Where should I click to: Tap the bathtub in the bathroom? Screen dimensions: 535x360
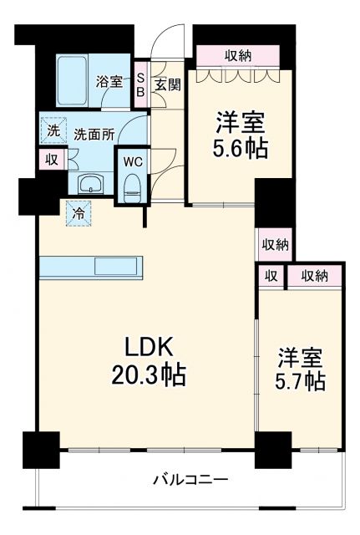(x=74, y=80)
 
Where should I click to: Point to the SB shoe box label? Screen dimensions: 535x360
(x=140, y=81)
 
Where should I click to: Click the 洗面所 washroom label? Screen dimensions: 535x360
(x=92, y=132)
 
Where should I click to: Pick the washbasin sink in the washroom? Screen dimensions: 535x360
(x=89, y=183)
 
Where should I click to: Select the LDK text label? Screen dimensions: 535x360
(x=144, y=346)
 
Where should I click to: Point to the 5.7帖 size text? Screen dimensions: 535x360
(x=302, y=381)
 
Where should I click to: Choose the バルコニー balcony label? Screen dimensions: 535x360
(x=190, y=480)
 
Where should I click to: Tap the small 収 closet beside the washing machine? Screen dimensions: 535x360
(x=51, y=158)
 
